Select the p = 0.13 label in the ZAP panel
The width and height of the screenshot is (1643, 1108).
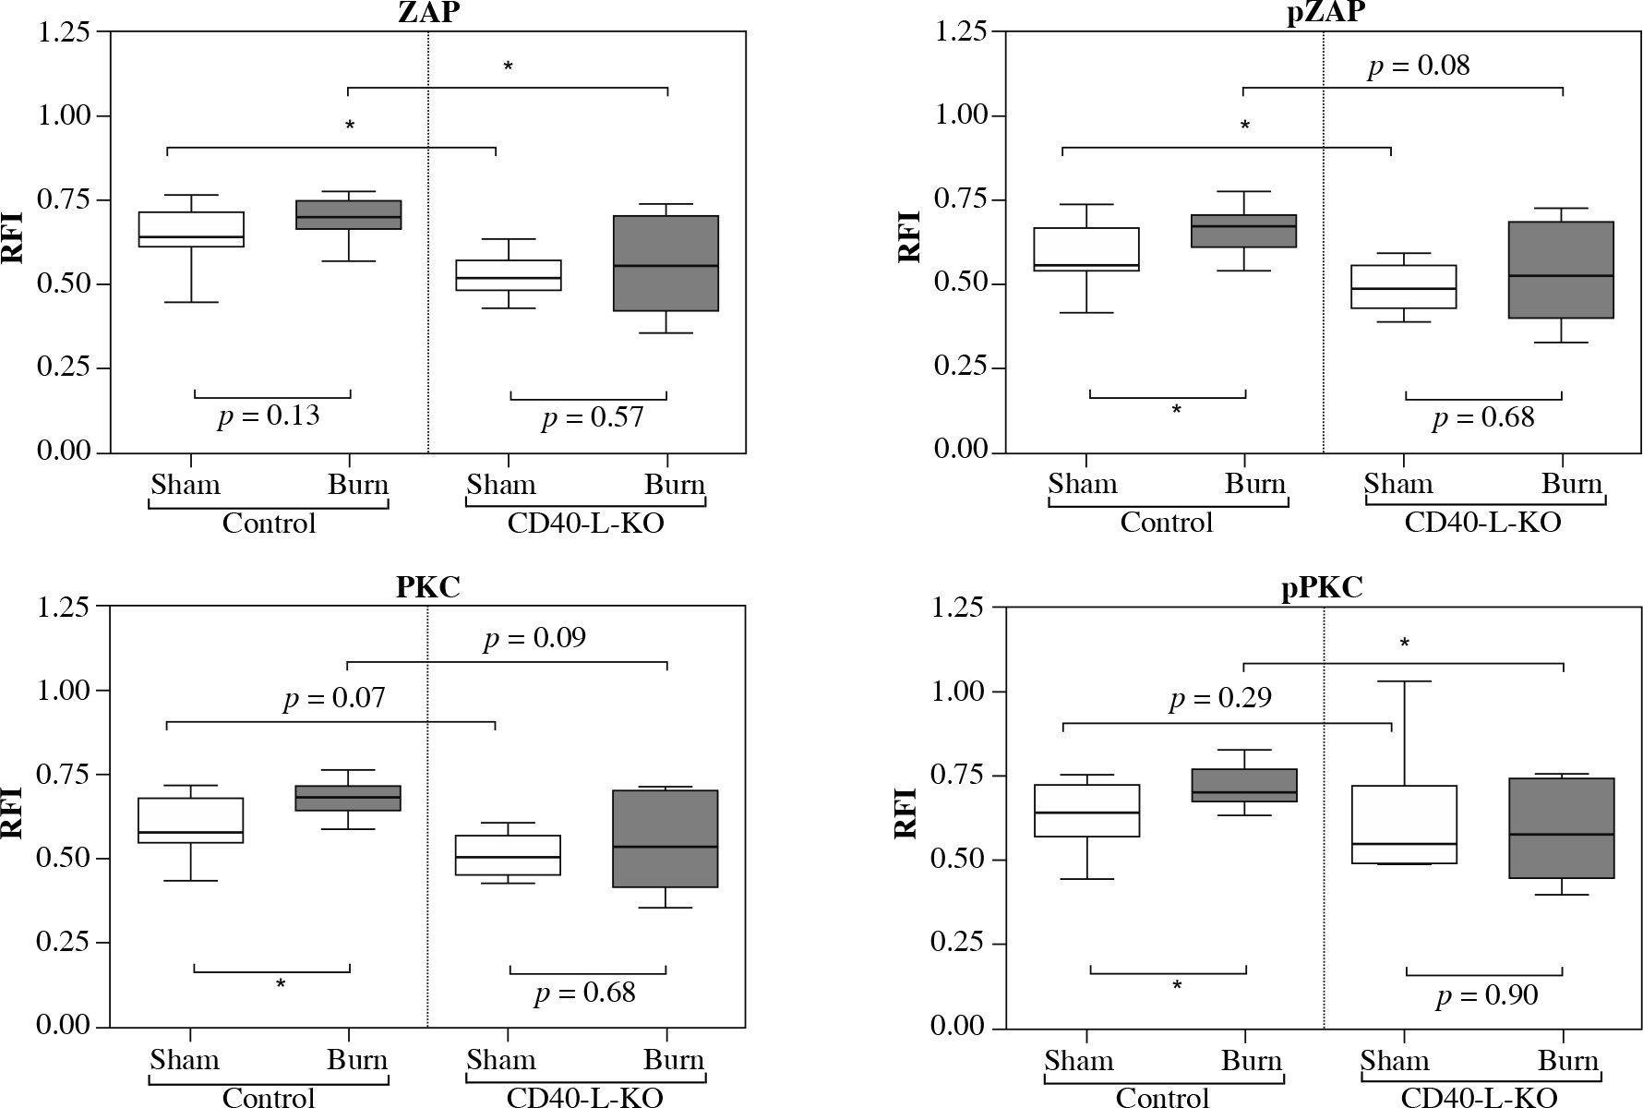point(269,416)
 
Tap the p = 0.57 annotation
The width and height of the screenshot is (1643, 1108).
point(592,418)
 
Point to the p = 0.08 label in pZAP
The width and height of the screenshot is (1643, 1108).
point(1419,66)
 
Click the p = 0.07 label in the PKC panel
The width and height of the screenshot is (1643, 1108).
point(334,698)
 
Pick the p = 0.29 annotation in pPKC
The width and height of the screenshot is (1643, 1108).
point(1220,698)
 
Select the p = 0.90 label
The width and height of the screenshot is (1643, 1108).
point(1487,995)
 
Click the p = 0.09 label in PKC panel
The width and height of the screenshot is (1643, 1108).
point(534,638)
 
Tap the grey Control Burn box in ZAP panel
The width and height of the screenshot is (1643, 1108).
point(348,214)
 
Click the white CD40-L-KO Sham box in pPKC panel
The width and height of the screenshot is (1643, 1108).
point(1404,825)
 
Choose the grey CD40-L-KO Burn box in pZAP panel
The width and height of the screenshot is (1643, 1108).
point(1563,270)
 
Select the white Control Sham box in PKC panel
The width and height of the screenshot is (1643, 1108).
point(190,820)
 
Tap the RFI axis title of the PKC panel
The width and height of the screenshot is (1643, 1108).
point(13,813)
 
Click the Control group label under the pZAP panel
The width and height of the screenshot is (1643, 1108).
point(1167,523)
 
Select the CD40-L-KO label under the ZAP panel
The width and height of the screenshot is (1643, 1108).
point(585,524)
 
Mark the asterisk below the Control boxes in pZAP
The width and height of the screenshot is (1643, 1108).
point(1176,410)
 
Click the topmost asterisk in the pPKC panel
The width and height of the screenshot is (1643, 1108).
point(1404,643)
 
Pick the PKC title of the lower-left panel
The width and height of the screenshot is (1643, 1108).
point(427,587)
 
